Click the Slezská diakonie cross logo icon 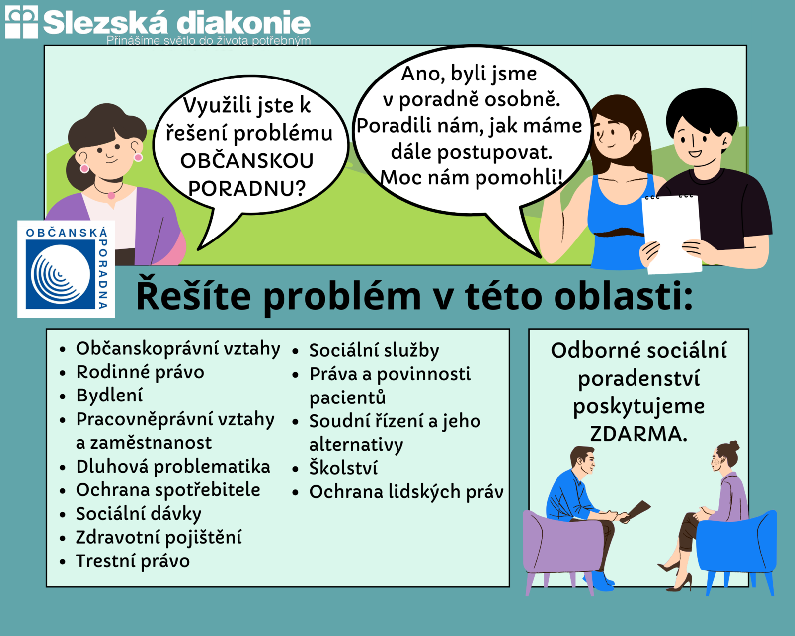pos(21,22)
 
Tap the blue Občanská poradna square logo pos(66,269)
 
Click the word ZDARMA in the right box pos(638,433)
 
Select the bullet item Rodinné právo pos(140,372)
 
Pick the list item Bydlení pos(109,396)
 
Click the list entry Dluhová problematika pos(173,467)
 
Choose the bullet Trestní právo pos(133,561)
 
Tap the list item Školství pos(343,468)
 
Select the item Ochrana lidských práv pos(406,492)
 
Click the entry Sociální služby pos(374,350)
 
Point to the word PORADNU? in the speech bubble pos(247,188)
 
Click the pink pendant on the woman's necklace pos(111,195)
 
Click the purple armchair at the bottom pos(563,547)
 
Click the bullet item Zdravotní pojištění pos(159,537)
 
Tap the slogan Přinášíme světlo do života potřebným pos(209,41)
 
